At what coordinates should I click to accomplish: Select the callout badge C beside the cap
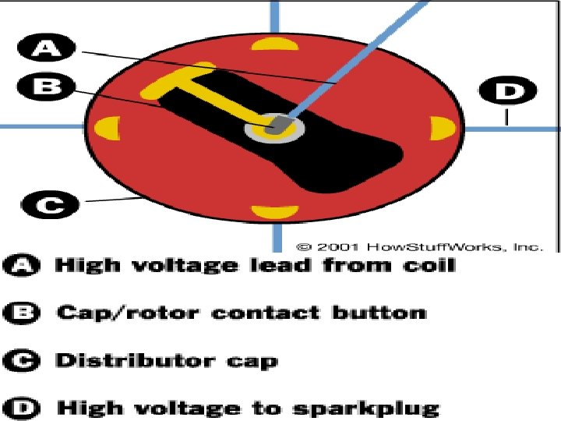pyautogui.click(x=49, y=207)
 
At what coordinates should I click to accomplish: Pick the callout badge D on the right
pyautogui.click(x=507, y=92)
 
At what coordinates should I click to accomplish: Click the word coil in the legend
pyautogui.click(x=425, y=265)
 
